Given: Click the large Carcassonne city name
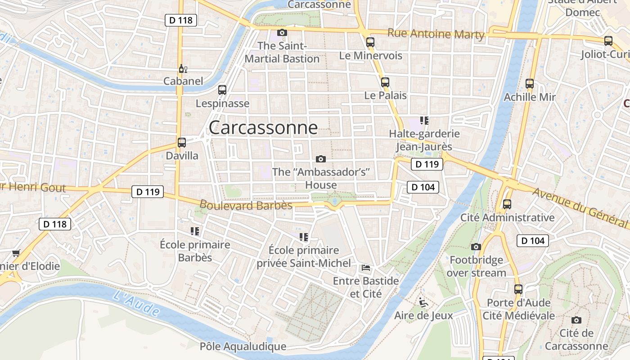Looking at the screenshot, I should click(263, 128).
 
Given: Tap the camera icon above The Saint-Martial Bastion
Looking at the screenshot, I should click(282, 32).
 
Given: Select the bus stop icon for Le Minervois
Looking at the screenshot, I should click(370, 42).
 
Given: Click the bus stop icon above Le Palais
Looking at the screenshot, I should click(385, 82).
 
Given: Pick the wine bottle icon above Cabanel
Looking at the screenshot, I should click(183, 69).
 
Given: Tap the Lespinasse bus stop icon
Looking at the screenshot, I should click(222, 90).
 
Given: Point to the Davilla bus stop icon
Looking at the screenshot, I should click(182, 143).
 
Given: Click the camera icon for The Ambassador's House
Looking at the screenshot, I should click(321, 159).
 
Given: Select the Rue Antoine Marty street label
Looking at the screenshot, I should click(436, 34).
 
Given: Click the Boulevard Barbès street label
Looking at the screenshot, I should click(246, 205).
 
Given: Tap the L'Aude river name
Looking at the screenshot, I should click(136, 302).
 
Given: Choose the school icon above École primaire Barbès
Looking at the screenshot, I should click(195, 231).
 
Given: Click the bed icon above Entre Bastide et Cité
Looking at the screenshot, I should click(366, 268).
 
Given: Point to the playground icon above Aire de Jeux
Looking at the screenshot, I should click(423, 302).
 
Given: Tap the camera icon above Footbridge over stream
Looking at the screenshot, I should click(476, 247).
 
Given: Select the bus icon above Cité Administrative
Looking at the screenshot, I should click(507, 204).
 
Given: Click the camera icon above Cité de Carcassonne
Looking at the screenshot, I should click(576, 320).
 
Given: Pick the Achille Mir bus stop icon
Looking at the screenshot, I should click(530, 84).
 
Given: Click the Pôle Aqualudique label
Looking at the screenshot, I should click(243, 346).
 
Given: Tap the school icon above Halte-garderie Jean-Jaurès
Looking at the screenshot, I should click(424, 120).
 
